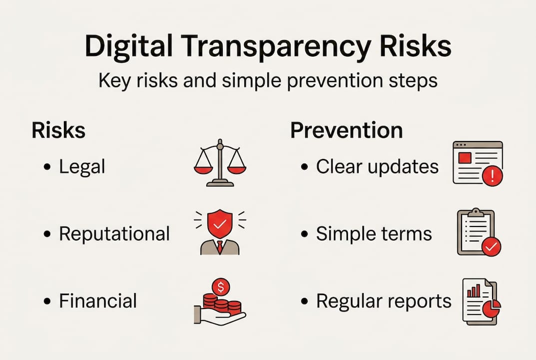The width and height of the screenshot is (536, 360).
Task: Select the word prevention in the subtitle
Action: coord(324,80)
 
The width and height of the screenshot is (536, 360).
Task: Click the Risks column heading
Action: coord(58,130)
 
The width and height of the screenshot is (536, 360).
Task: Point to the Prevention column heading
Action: coord(346,130)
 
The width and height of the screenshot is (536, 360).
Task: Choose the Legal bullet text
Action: coord(82,167)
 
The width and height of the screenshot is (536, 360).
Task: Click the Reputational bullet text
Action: coord(114,233)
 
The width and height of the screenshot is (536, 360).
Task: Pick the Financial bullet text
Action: coord(98,300)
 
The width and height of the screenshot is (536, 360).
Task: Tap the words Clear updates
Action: coord(377,167)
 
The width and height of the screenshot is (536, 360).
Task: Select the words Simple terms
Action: coord(374,233)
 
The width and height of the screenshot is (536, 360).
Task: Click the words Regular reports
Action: coord(384,300)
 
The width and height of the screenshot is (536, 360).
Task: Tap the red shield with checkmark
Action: coord(220,224)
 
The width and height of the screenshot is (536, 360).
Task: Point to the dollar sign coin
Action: coord(220,287)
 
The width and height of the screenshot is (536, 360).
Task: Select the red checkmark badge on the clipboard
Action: coord(491,246)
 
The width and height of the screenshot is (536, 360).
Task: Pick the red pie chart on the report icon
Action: coord(491,309)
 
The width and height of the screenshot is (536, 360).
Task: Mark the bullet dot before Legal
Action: coord(47,167)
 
